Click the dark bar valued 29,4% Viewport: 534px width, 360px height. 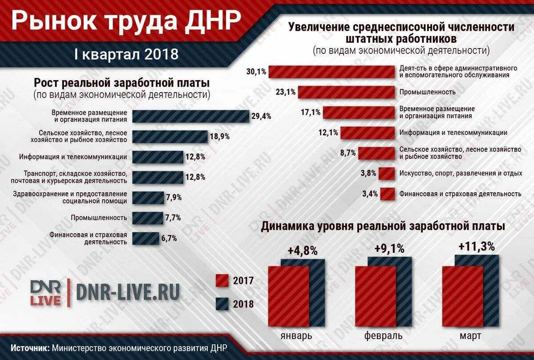tap(190, 116)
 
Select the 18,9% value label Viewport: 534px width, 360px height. tap(220, 137)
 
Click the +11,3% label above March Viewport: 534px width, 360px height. tap(476, 246)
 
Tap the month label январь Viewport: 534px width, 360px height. tap(296, 335)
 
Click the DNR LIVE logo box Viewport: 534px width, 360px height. tap(46, 293)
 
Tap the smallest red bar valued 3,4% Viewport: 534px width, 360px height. tap(388, 194)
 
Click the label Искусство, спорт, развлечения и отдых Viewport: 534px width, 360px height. tap(461, 173)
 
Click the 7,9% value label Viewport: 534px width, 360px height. tap(174, 197)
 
